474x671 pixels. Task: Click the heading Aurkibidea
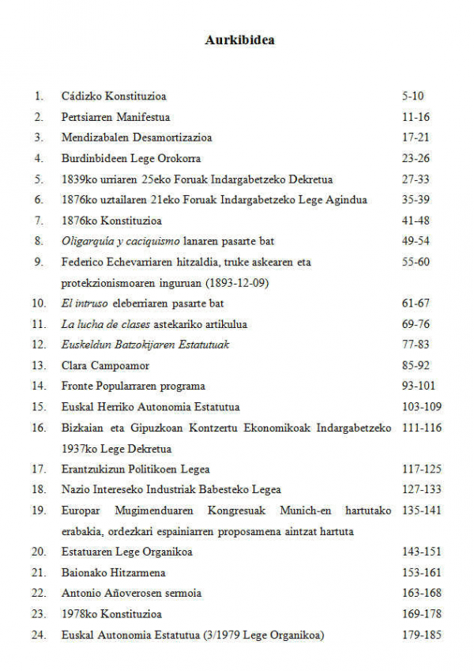[239, 40]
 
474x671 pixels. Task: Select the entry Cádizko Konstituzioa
[114, 96]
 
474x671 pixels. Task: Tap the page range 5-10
[412, 96]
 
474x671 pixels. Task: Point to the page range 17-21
[416, 138]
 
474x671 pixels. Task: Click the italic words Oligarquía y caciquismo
[122, 241]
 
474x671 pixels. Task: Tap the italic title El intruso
[85, 303]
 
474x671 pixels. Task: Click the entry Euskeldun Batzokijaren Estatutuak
[145, 345]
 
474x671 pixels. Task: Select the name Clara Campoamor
[105, 365]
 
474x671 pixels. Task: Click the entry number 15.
[39, 407]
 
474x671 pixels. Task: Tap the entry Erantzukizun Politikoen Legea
[135, 469]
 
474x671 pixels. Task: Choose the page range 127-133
[421, 489]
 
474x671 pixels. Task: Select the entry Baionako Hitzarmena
[114, 572]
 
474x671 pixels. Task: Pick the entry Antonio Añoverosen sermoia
[131, 593]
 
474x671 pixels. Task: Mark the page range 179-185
[421, 635]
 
